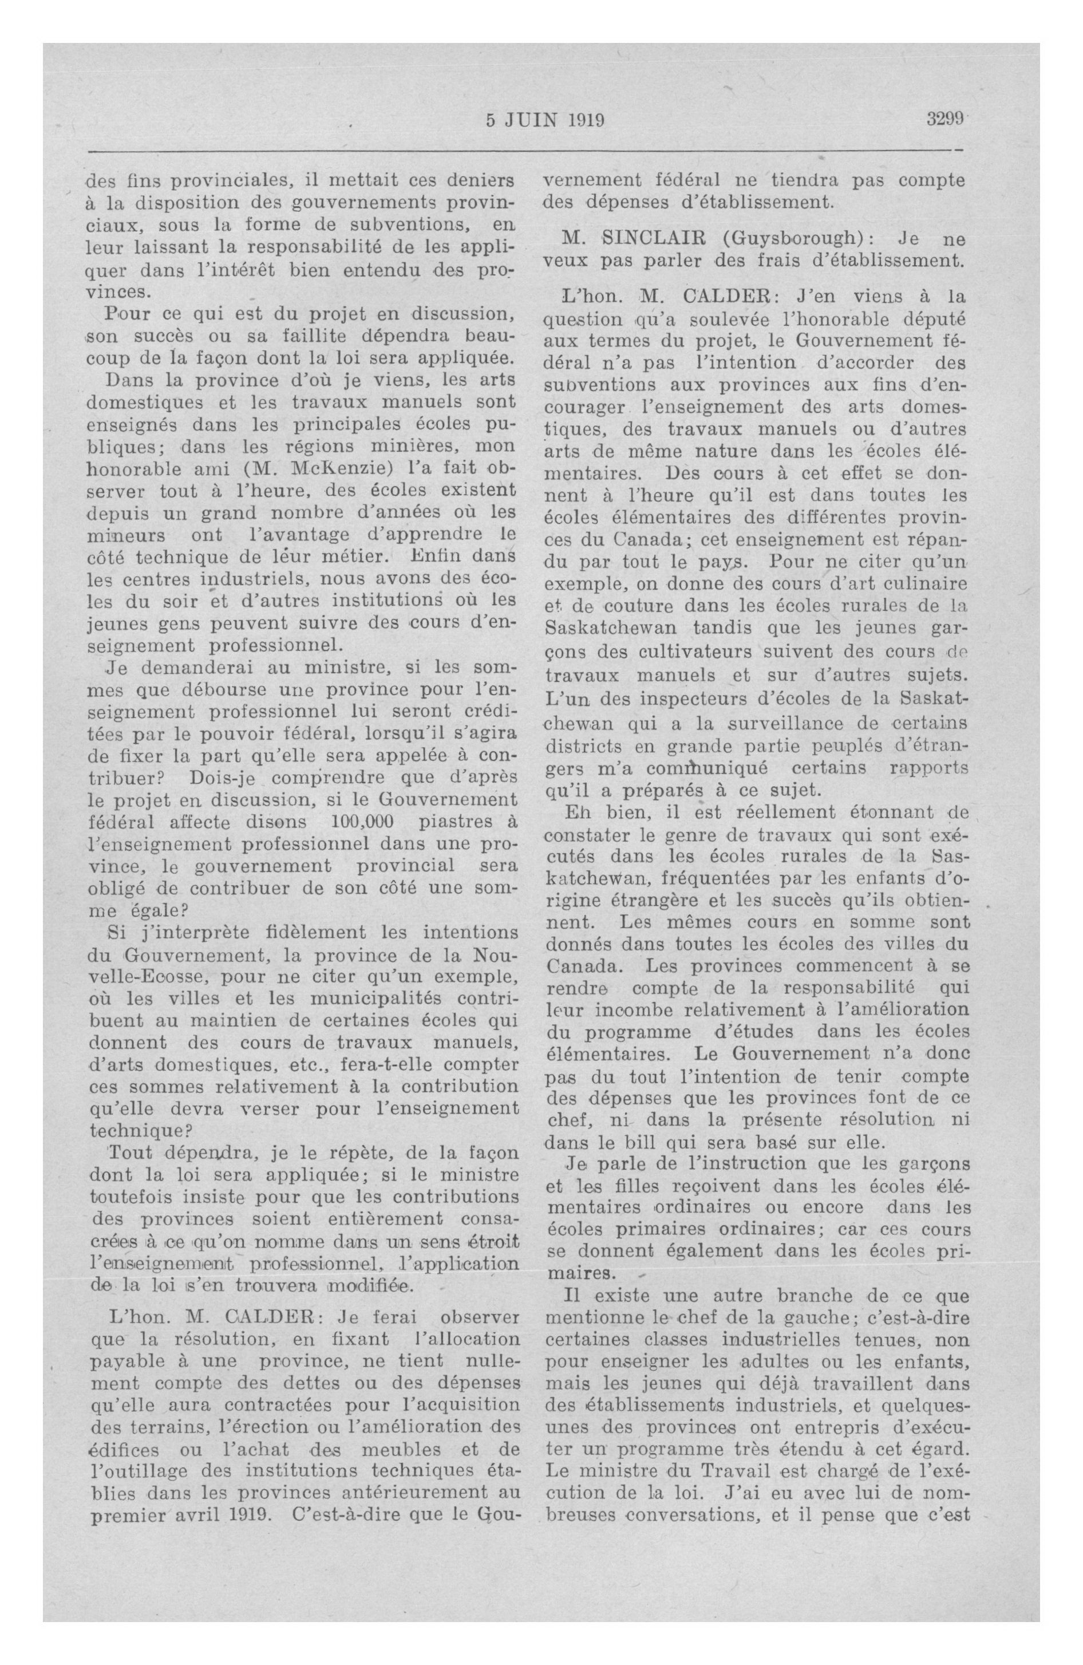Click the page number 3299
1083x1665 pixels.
click(945, 119)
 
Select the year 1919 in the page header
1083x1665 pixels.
click(586, 120)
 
